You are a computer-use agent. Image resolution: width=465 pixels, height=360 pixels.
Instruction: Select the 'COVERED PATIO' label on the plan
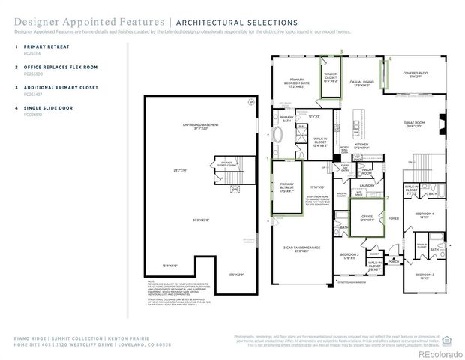pyautogui.click(x=415, y=74)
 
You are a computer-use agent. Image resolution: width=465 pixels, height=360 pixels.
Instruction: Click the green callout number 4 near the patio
pyautogui.click(x=389, y=58)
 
